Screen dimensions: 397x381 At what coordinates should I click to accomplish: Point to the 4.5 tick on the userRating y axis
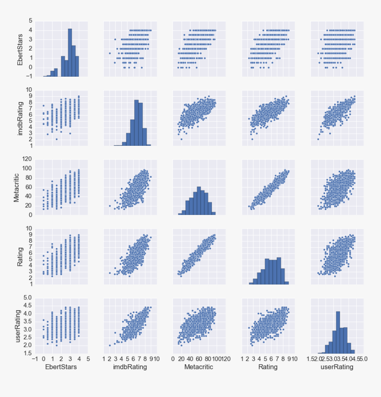click(x=27, y=305)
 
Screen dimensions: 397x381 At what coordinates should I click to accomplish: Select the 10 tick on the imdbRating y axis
click(x=28, y=90)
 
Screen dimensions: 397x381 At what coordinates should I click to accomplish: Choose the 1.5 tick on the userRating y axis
click(x=27, y=353)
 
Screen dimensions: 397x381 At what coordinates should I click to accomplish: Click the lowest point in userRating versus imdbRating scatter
click(x=110, y=345)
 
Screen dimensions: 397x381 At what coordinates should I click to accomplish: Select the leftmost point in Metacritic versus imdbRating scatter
click(x=110, y=206)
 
